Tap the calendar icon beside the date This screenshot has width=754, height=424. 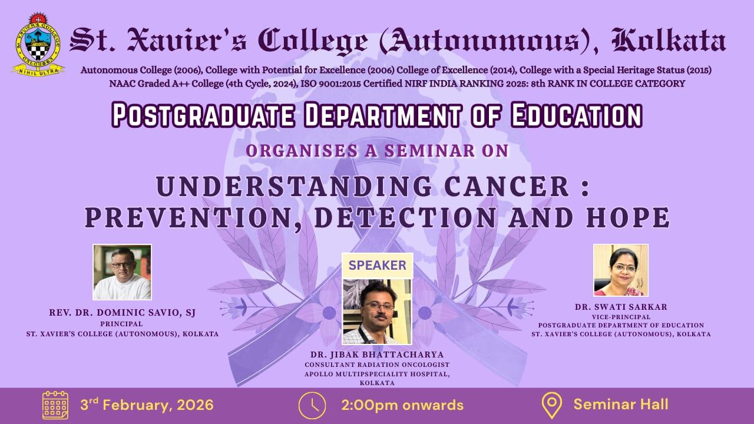[55, 405]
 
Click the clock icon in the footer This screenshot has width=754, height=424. [312, 406]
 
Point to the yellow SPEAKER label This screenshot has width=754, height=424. [378, 266]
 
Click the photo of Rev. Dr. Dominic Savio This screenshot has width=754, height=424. [122, 272]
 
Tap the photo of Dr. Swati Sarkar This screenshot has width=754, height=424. [621, 270]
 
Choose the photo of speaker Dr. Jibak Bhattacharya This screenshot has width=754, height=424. [378, 312]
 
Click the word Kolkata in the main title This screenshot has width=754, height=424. [669, 41]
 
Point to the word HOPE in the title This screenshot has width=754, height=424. [628, 217]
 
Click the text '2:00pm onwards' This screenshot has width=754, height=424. [402, 405]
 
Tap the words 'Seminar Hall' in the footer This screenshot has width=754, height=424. [621, 405]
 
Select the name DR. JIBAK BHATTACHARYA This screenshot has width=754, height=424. [377, 355]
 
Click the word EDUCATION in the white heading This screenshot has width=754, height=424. [576, 115]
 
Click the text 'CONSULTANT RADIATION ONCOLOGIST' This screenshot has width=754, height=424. [377, 365]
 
